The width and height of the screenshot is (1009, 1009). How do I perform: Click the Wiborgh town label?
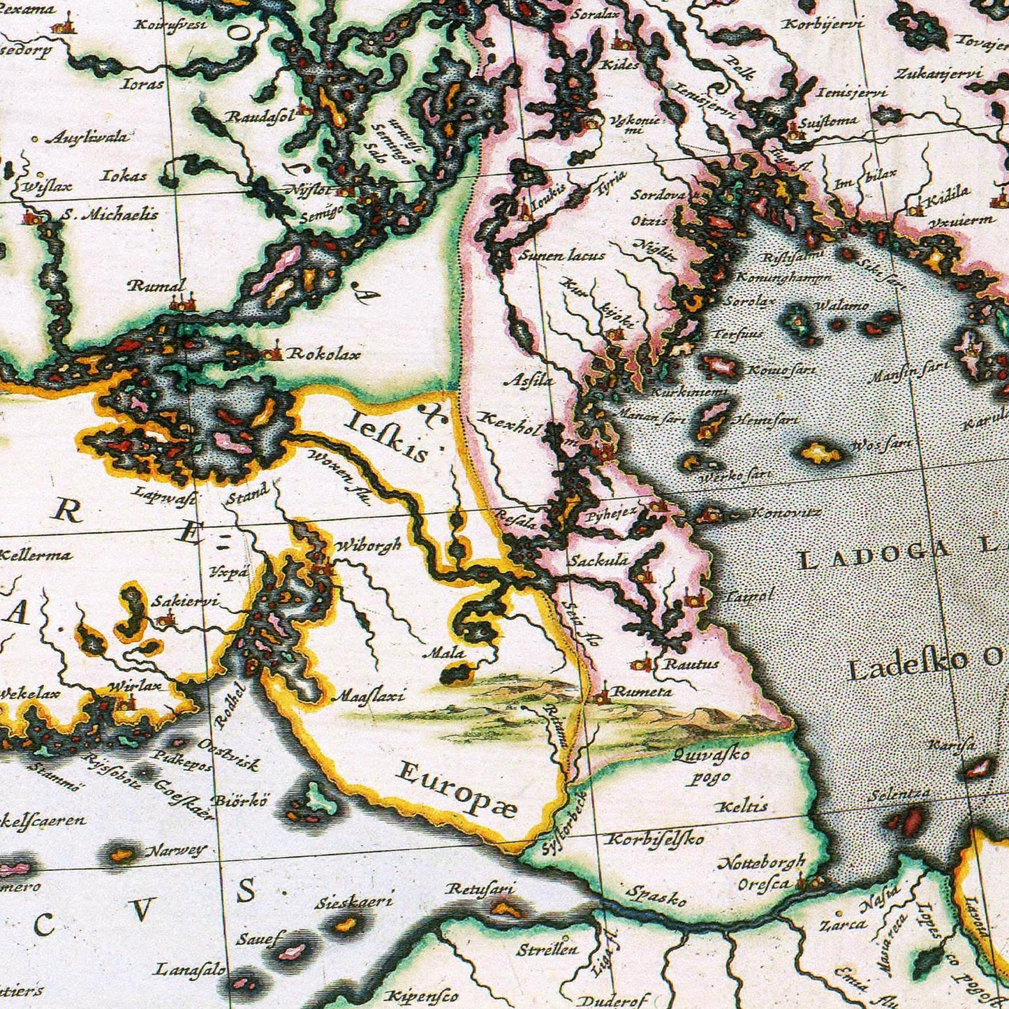[368, 545]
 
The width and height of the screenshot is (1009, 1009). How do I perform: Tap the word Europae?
[457, 789]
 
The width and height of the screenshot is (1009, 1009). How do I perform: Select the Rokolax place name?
[325, 354]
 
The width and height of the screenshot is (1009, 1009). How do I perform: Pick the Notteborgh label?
[762, 863]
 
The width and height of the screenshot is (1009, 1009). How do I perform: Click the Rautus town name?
[691, 663]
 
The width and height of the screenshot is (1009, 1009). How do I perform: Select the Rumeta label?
[642, 691]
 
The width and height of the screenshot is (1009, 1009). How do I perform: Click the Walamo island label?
[842, 305]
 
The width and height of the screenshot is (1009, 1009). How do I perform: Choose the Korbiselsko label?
[654, 839]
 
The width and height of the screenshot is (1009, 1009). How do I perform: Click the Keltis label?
[742, 806]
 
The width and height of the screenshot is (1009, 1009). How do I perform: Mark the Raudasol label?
[259, 117]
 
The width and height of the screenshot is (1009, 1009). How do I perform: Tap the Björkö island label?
[240, 800]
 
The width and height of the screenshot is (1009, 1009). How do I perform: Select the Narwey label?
[176, 850]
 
